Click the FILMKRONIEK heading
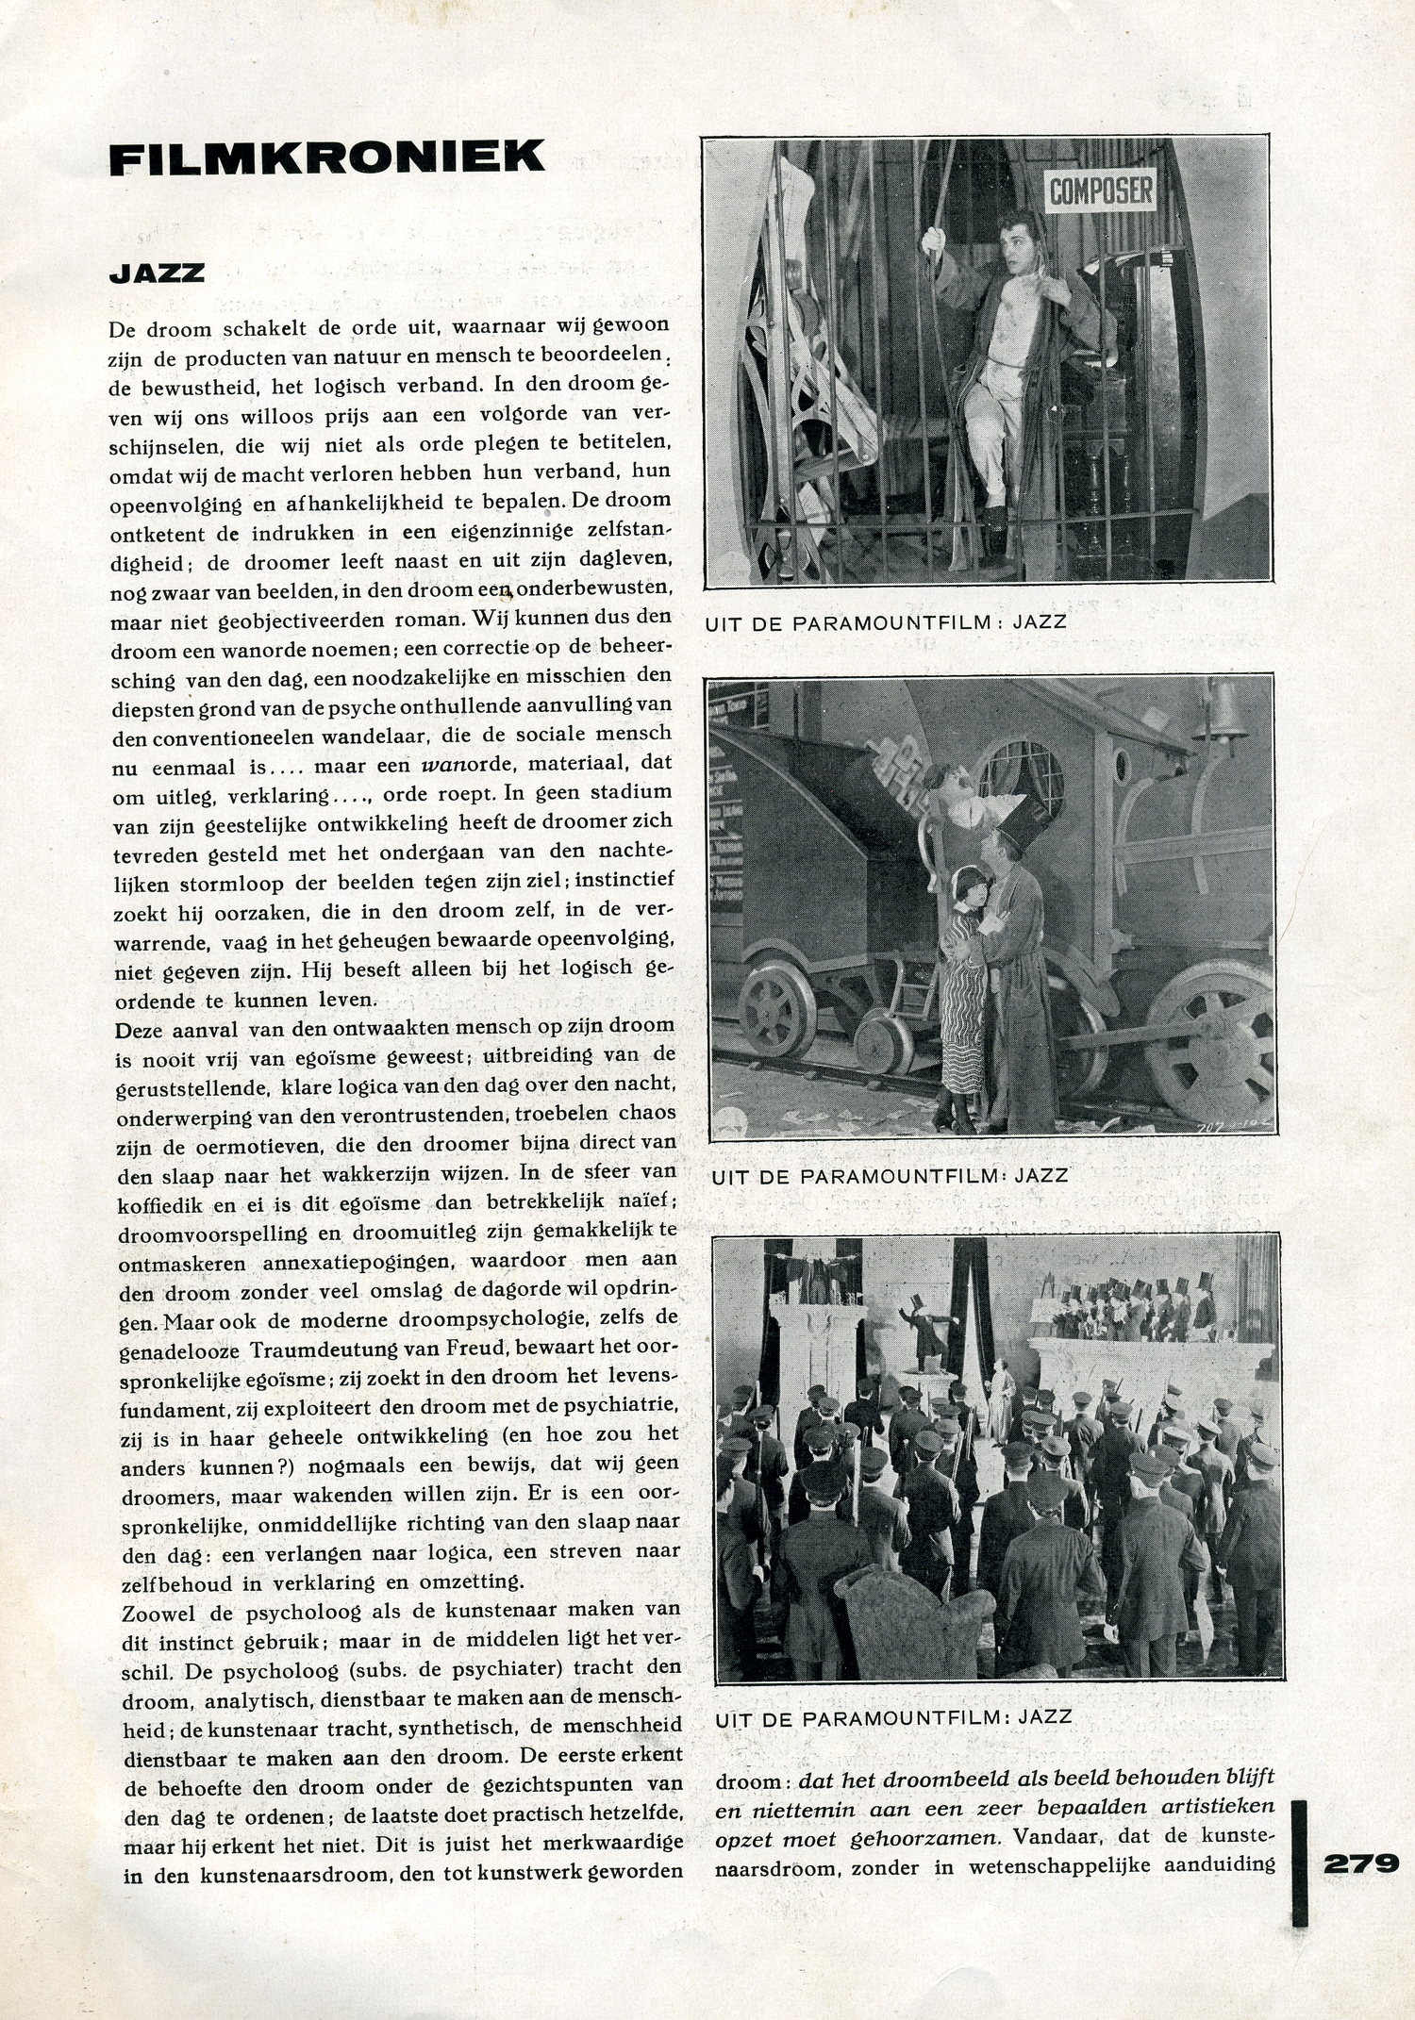coord(326,157)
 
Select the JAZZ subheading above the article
coord(157,273)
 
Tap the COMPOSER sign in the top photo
coord(1101,191)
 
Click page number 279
coord(1361,1863)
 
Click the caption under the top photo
coord(886,622)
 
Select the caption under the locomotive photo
coord(890,1175)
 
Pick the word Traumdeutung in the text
coord(328,1349)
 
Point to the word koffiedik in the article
coord(158,1205)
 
